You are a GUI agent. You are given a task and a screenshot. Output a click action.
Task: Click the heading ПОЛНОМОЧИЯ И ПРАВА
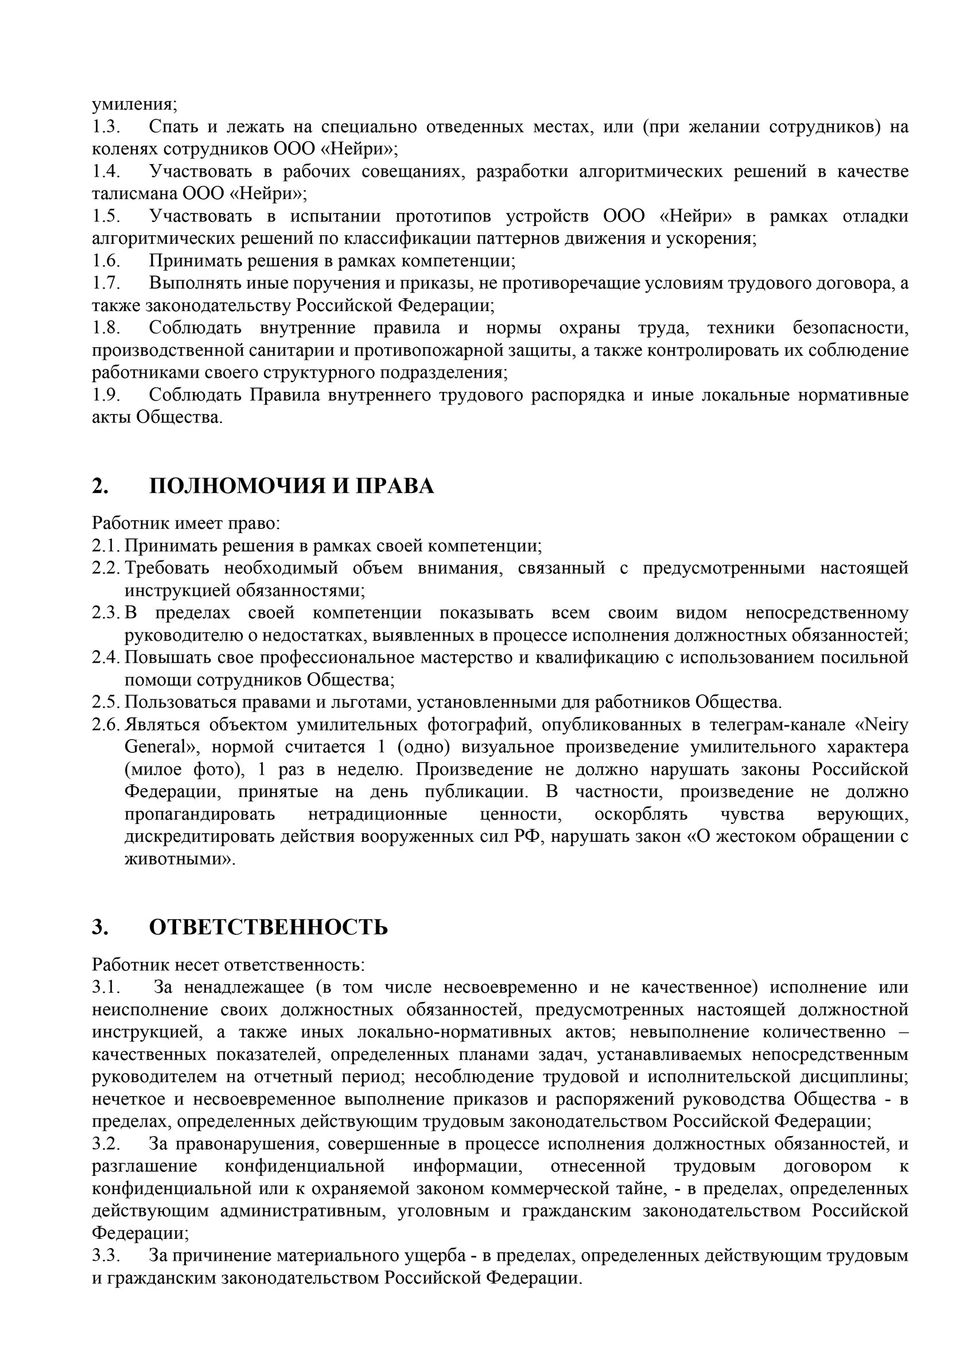coord(291,487)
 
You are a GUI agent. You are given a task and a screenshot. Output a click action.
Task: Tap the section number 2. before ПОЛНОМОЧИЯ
coord(100,487)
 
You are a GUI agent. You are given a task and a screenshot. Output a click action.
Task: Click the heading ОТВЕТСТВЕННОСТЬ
coord(269,927)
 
